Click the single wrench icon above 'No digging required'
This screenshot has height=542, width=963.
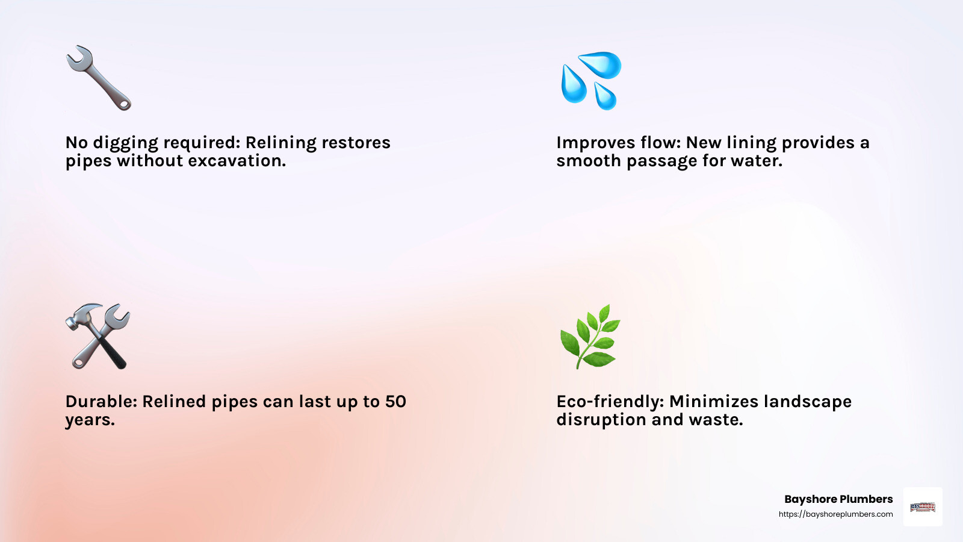pyautogui.click(x=98, y=78)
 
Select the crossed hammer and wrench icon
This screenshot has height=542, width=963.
pyautogui.click(x=98, y=336)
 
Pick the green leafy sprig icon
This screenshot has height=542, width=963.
pyautogui.click(x=590, y=336)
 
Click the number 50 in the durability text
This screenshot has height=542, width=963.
pyautogui.click(x=395, y=402)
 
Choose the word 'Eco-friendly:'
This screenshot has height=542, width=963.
pyautogui.click(x=610, y=402)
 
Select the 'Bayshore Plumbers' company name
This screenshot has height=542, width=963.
pyautogui.click(x=838, y=499)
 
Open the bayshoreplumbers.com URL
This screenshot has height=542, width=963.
pyautogui.click(x=835, y=514)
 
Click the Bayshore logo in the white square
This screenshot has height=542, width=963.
pyautogui.click(x=923, y=507)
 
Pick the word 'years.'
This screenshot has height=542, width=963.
pyautogui.click(x=90, y=420)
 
